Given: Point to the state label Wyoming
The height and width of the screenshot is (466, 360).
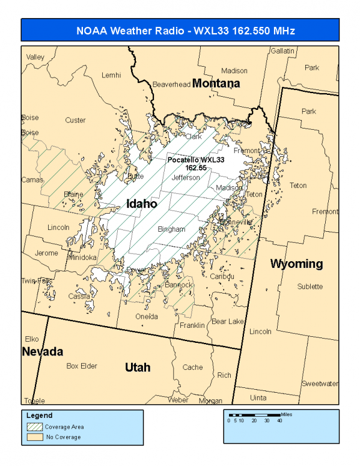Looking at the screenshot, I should click(296, 264).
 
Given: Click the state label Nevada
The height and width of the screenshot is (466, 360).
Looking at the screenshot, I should click(43, 351).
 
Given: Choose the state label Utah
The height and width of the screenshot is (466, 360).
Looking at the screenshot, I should click(137, 367).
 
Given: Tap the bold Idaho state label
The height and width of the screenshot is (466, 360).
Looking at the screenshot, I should click(142, 204).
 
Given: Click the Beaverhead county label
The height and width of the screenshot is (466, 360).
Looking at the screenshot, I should click(171, 84).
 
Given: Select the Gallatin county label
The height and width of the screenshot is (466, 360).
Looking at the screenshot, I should click(282, 51).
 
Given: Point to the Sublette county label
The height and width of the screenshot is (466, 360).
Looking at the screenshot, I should click(310, 286).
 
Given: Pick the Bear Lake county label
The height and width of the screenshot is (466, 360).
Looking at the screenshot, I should click(227, 322).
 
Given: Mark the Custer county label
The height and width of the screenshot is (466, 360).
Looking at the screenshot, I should click(75, 120).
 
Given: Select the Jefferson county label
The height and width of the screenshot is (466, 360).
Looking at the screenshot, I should click(185, 178).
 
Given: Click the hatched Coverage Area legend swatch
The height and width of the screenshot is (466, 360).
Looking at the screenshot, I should click(34, 427).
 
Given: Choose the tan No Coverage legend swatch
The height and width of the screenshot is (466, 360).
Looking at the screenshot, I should click(34, 437).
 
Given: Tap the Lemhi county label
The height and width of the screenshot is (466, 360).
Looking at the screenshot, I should click(111, 75).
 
